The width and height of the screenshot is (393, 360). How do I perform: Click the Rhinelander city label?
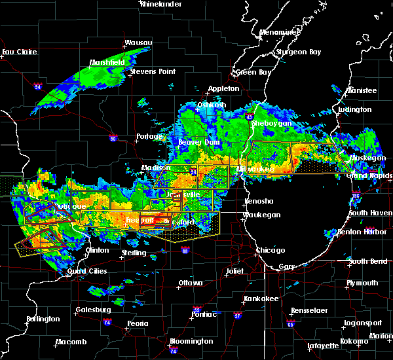coord(160,4)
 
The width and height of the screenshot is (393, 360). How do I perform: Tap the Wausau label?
coord(139,43)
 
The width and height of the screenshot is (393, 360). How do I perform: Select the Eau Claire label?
coord(17,52)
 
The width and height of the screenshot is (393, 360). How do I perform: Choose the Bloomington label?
coord(193,341)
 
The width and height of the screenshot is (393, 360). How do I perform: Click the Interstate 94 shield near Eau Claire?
coord(38,86)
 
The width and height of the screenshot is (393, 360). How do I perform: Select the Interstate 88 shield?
coord(185,250)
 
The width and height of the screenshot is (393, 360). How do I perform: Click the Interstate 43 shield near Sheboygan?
coord(250,117)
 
